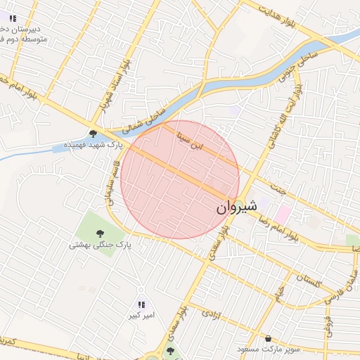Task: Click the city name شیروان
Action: (x=233, y=207)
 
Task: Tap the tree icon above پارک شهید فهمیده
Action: (x=93, y=134)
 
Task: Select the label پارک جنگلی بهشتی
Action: (x=100, y=245)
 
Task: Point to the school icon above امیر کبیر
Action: (x=141, y=304)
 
